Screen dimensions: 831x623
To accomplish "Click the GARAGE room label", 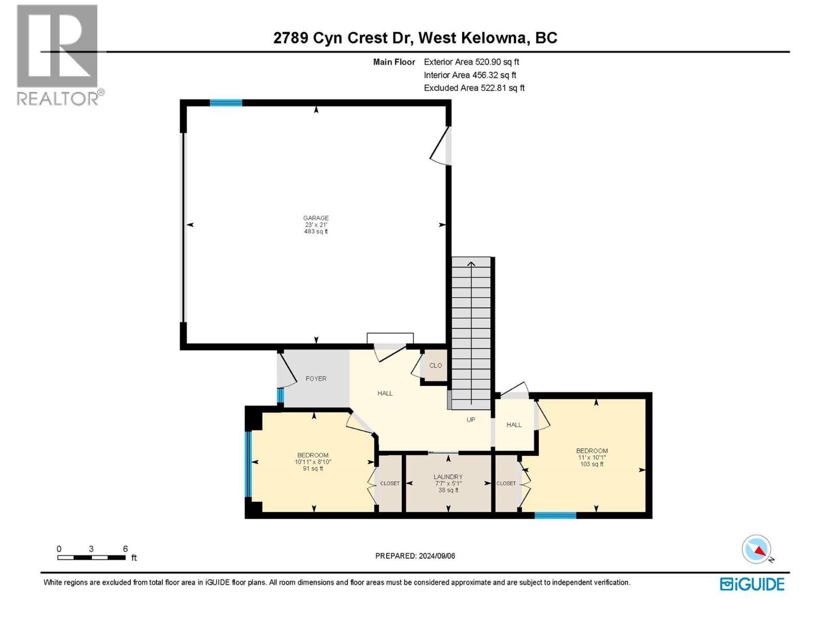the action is click(316, 218).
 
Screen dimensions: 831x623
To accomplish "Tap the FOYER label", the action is click(316, 378).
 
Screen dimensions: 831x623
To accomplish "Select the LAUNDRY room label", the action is click(448, 477).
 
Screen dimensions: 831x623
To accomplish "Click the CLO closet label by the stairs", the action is click(435, 365).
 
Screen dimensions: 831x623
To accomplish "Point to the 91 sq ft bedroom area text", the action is click(313, 469).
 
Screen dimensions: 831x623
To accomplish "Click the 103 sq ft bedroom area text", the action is click(592, 464).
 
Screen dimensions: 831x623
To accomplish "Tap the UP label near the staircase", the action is click(471, 419).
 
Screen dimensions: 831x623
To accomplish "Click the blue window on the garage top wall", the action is click(226, 102).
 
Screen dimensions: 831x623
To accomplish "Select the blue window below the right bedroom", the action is click(555, 515).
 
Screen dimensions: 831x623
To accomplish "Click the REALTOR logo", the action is click(60, 55).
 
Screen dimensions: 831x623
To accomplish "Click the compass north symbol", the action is click(756, 549).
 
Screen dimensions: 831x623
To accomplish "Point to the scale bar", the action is click(91, 558).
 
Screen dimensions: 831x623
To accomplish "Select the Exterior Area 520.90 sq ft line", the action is click(472, 62).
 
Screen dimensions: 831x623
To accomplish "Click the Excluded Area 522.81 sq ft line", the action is click(474, 88).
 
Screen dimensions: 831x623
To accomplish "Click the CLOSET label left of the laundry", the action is click(390, 483).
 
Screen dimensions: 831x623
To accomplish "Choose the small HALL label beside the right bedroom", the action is click(514, 425).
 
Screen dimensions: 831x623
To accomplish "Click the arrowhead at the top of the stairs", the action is click(471, 263).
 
